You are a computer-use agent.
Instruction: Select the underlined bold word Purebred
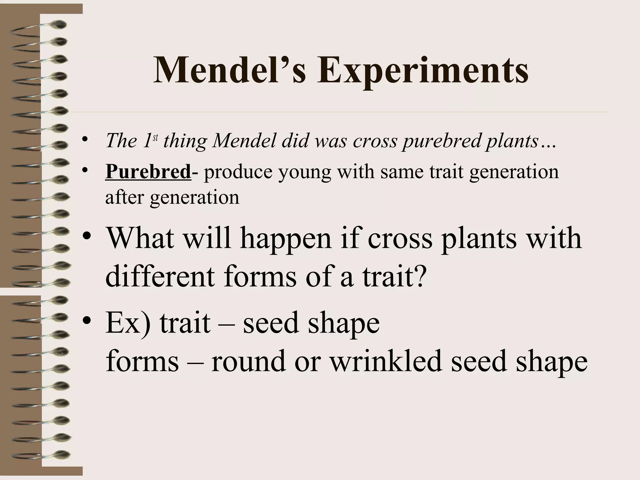[x=148, y=172]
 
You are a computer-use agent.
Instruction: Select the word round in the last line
[x=248, y=361]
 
